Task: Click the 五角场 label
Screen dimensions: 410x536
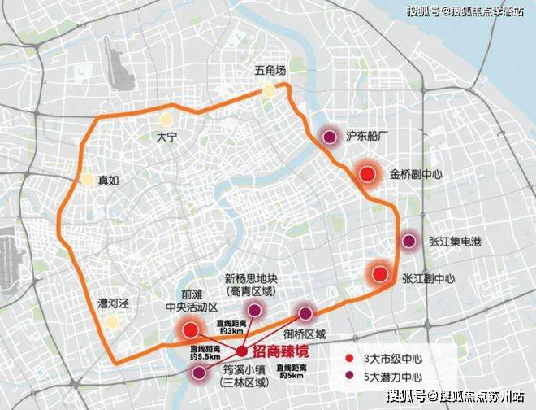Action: [x=269, y=73]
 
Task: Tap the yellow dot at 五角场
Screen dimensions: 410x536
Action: [x=268, y=92]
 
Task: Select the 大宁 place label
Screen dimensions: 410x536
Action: [x=166, y=139]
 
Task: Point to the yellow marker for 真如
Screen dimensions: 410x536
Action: [x=87, y=181]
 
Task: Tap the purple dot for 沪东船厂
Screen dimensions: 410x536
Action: [x=330, y=137]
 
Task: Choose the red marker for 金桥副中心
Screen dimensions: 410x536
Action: [x=367, y=174]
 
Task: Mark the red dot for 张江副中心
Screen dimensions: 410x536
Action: [x=378, y=273]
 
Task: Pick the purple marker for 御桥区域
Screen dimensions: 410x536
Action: [x=305, y=313]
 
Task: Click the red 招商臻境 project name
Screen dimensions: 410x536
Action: [x=282, y=351]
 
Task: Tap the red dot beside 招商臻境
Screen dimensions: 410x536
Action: [x=242, y=351]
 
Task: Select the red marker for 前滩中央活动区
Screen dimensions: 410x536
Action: [x=191, y=329]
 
